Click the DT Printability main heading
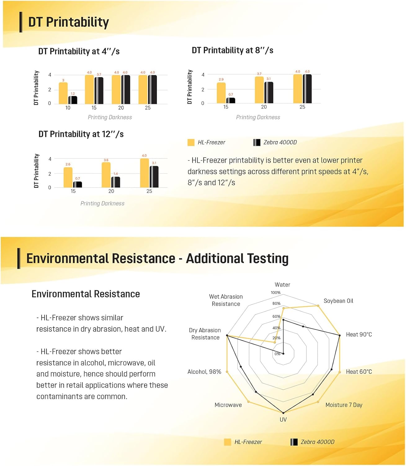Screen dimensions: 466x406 click(x=69, y=22)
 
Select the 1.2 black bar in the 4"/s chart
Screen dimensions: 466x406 click(x=73, y=100)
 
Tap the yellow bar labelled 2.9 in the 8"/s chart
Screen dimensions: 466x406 click(x=221, y=93)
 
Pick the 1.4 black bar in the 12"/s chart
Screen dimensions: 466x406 click(x=116, y=182)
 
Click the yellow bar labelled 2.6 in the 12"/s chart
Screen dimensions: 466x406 click(x=68, y=177)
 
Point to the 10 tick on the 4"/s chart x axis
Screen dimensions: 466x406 click(x=68, y=108)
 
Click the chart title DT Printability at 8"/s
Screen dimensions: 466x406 click(x=232, y=50)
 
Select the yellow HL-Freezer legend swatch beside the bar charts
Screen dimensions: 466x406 click(x=191, y=143)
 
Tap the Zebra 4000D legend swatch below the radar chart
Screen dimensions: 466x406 click(x=294, y=442)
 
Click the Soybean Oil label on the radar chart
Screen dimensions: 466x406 click(x=338, y=301)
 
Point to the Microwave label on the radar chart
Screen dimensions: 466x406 click(x=228, y=405)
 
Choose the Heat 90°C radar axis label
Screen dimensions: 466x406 click(x=359, y=335)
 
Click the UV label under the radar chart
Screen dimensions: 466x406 click(x=283, y=419)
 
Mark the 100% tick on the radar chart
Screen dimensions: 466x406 click(x=275, y=293)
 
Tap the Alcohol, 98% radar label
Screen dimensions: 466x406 click(x=204, y=372)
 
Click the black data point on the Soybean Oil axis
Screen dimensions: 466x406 click(x=303, y=326)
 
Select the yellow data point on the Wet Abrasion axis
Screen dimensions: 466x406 click(x=274, y=342)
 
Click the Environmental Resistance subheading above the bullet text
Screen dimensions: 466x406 click(x=86, y=294)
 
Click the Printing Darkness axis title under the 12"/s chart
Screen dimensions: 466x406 click(x=102, y=203)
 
